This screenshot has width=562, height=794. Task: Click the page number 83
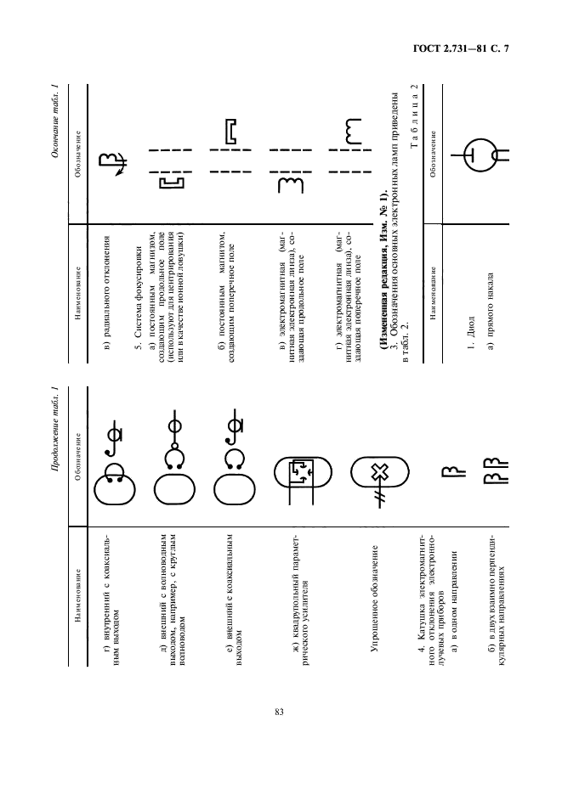pos(279,712)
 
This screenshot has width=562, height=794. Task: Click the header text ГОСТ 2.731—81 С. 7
pos(461,48)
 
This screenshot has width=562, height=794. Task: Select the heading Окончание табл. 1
pos(55,121)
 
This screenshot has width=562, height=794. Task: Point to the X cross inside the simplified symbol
pos(378,474)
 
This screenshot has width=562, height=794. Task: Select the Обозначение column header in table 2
pos(433,155)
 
